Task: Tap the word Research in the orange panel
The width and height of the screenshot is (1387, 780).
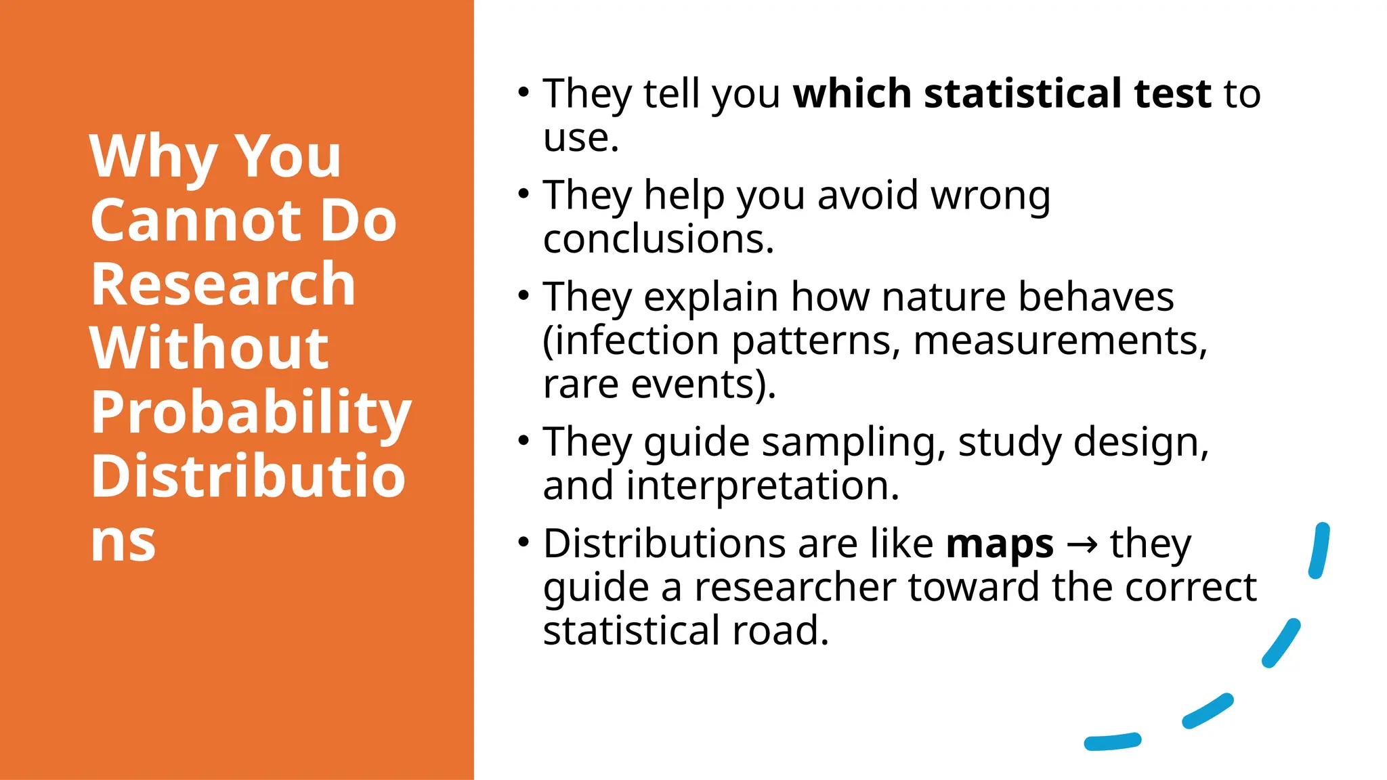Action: (x=223, y=284)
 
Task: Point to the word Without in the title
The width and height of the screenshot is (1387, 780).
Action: (x=209, y=348)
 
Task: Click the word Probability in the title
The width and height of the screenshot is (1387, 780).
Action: (x=251, y=412)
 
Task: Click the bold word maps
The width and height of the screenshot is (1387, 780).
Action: (x=1000, y=544)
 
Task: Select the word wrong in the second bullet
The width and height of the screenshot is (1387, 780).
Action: (x=990, y=196)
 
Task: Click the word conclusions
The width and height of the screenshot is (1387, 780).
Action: (x=658, y=240)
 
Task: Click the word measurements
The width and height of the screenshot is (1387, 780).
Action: (x=1060, y=341)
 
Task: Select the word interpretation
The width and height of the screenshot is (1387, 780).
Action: (x=763, y=486)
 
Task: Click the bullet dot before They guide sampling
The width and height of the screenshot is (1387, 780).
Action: (x=523, y=441)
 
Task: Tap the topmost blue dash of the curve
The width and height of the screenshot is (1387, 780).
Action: (x=1319, y=550)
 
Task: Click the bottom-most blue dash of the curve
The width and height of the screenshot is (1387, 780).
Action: (x=1113, y=742)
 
